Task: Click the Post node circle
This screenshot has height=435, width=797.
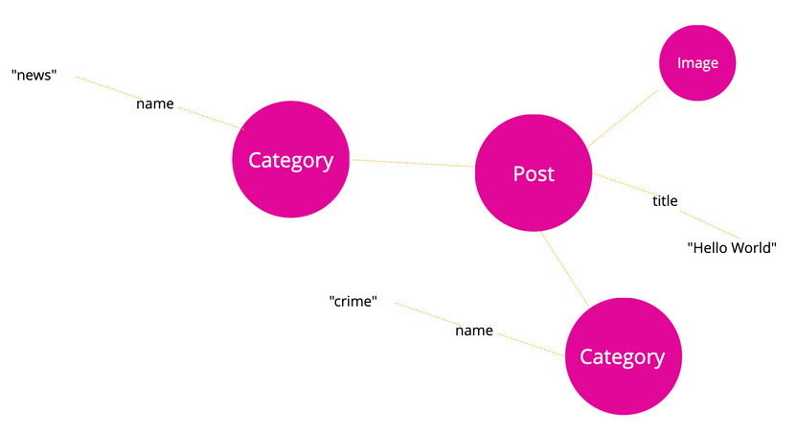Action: pos(534,173)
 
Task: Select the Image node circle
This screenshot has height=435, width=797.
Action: pos(697,62)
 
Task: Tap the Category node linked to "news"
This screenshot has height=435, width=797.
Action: pos(290,160)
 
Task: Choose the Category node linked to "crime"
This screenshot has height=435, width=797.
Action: pos(622,356)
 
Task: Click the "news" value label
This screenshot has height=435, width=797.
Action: pos(34,75)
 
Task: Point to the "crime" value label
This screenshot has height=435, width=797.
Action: pos(353,301)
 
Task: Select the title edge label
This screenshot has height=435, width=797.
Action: pos(665,200)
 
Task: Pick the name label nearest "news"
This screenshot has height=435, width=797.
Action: pos(155,103)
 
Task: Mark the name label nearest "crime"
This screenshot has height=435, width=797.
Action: pos(474,331)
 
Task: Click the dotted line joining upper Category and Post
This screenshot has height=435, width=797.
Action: pos(412,164)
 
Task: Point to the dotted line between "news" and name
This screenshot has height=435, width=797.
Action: pos(103,86)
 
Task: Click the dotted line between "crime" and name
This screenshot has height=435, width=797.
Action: pos(421,313)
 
